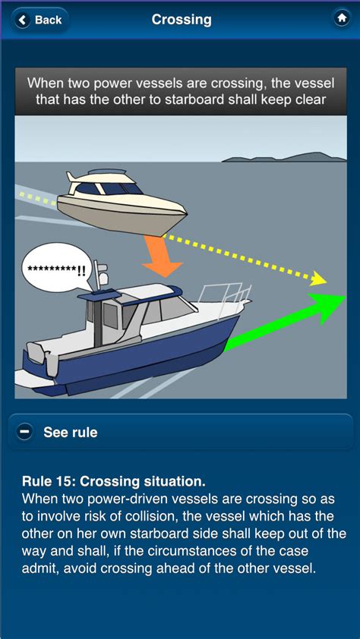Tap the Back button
click(39, 20)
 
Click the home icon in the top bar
click(341, 18)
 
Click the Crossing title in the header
click(182, 20)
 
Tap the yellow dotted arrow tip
click(320, 279)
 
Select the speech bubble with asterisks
click(57, 269)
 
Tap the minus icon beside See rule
click(24, 432)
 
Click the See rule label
click(71, 433)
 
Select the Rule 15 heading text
click(114, 481)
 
